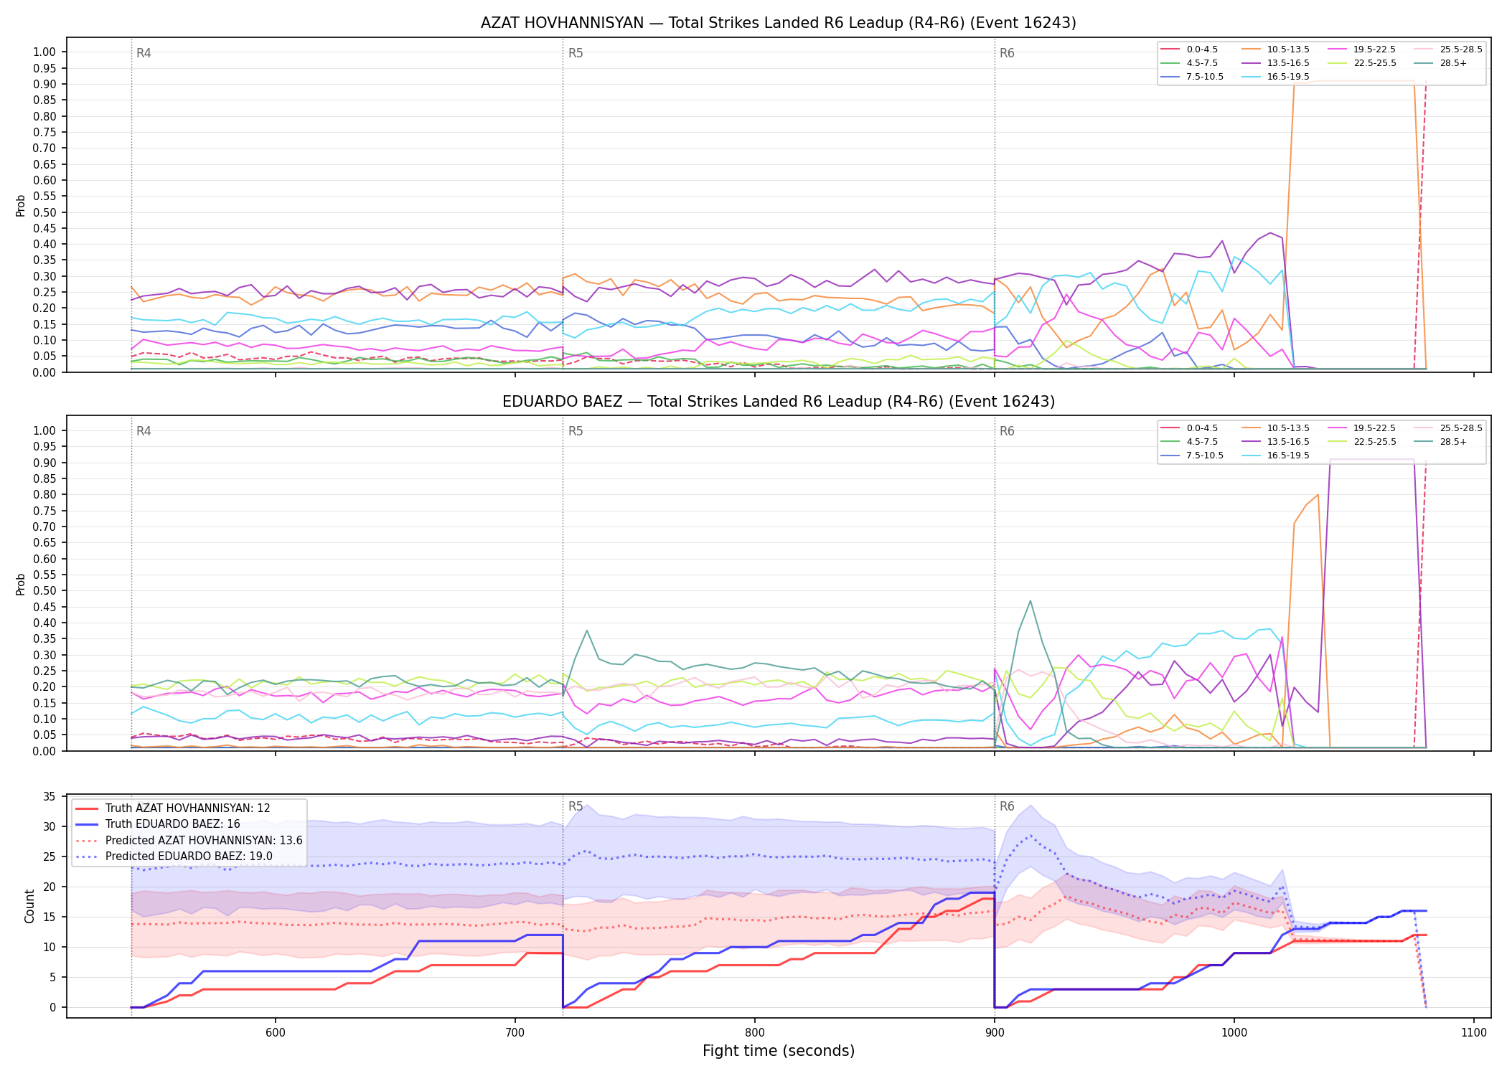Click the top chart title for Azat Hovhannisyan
(x=778, y=23)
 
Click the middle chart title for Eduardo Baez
(x=778, y=402)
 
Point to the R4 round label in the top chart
(x=144, y=53)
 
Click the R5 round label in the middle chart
(x=576, y=431)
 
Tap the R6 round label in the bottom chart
(x=1007, y=806)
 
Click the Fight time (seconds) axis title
(x=779, y=1051)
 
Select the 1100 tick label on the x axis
(x=1474, y=1032)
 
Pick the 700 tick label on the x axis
(x=515, y=1032)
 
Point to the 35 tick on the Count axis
(x=50, y=797)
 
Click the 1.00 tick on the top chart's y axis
(x=44, y=52)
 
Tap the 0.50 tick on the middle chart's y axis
(x=44, y=591)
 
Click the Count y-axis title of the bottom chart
(x=29, y=906)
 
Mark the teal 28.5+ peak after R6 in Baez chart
(x=1031, y=600)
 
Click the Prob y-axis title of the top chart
(x=21, y=205)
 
